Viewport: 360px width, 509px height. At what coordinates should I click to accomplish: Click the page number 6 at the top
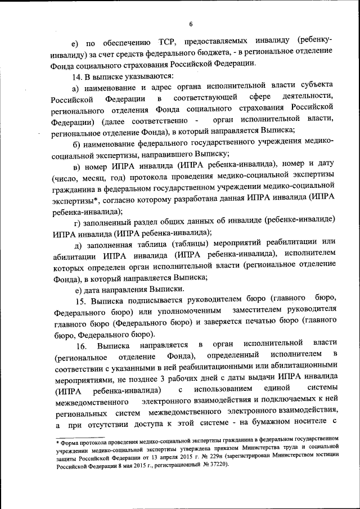191,23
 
